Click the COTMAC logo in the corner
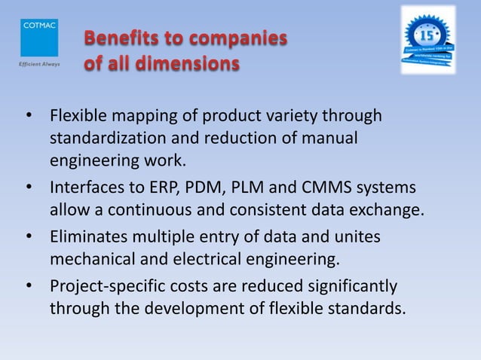pyautogui.click(x=36, y=35)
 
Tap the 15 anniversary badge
pyautogui.click(x=427, y=39)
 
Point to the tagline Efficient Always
pyautogui.click(x=36, y=63)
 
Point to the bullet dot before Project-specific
pyautogui.click(x=29, y=287)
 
